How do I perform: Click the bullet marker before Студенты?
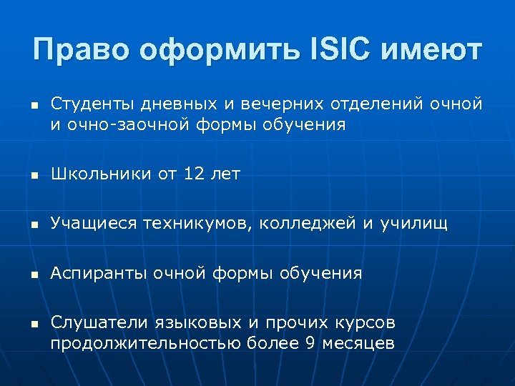pos(34,106)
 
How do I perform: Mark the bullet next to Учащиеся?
pos(34,225)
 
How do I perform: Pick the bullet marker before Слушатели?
pos(34,324)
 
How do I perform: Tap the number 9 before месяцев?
pos(309,343)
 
